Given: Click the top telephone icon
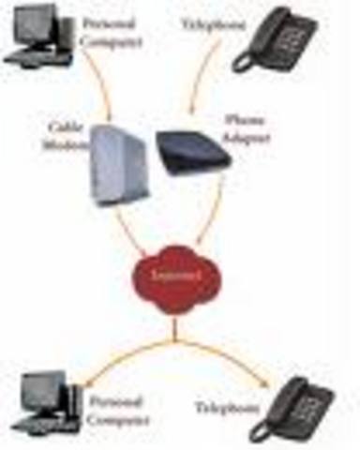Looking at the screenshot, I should click(x=276, y=39).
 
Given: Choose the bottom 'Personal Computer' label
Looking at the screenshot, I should click(x=116, y=409).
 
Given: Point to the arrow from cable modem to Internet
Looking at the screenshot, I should click(x=131, y=233).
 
